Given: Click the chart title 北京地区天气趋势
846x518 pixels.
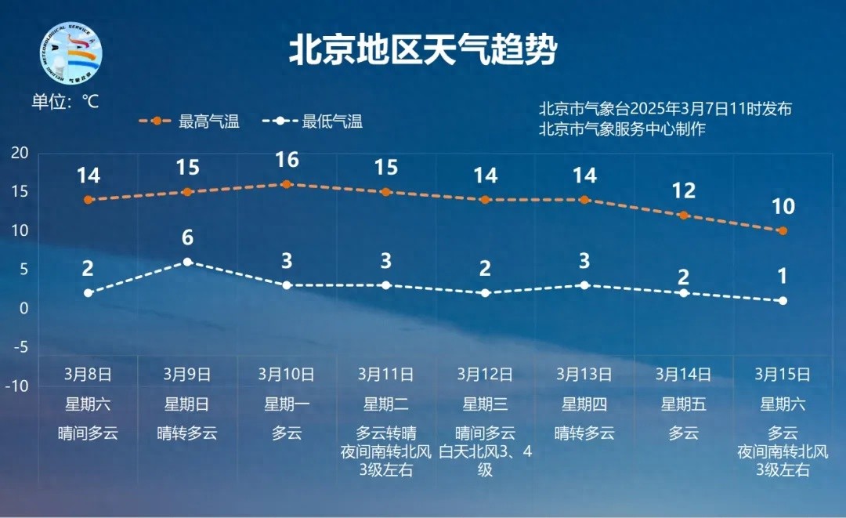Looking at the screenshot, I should (423, 51).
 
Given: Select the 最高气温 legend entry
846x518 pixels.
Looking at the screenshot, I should (189, 121).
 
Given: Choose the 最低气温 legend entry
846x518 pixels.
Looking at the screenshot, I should (313, 121).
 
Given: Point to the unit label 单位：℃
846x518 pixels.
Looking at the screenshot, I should (65, 102).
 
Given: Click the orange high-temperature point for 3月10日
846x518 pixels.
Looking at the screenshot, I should (287, 184).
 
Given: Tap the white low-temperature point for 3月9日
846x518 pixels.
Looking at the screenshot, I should (187, 262).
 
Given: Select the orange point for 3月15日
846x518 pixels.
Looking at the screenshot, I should (783, 230).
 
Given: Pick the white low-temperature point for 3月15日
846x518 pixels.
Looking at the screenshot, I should (783, 301).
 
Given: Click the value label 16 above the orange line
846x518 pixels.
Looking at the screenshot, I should (287, 160).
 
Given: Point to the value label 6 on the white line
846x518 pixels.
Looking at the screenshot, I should (187, 238).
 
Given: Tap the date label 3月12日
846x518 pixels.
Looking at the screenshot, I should (485, 374).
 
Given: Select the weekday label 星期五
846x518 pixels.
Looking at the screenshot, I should (684, 404).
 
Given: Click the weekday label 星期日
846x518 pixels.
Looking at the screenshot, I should (187, 404).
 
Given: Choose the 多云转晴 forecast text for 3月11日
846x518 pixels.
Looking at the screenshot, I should (386, 433).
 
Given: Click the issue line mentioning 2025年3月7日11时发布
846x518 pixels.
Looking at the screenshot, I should (665, 109).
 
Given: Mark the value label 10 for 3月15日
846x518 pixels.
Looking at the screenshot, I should (783, 207).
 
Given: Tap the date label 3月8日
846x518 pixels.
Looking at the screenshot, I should (88, 374).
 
